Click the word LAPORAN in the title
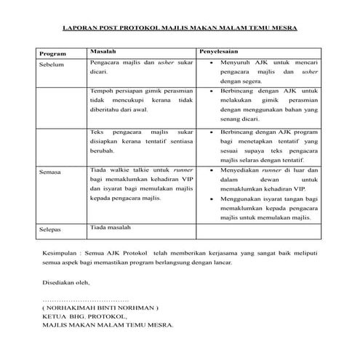[78, 31]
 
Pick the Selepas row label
[52, 230]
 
